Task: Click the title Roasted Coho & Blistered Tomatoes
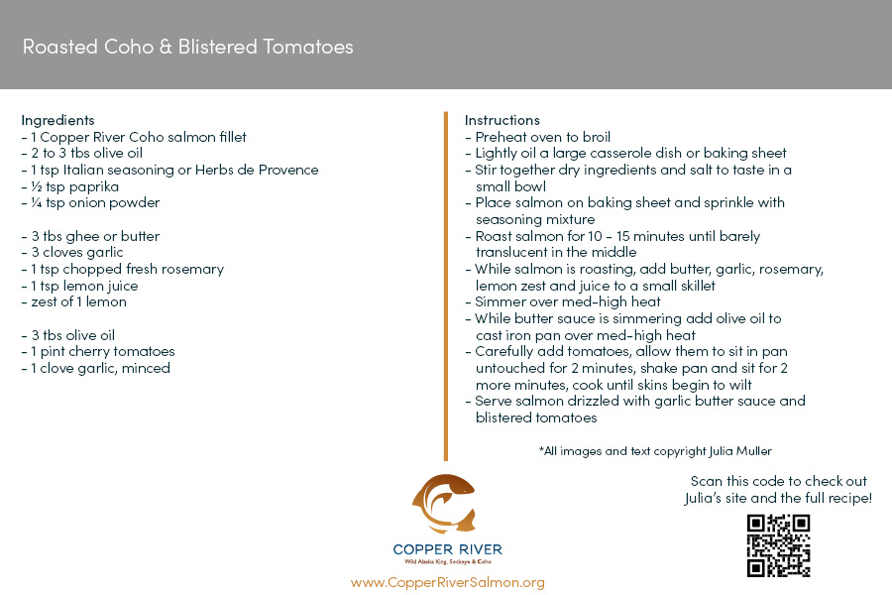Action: (187, 47)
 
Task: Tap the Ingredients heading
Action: (57, 120)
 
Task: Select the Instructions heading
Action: (502, 120)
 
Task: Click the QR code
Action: (778, 545)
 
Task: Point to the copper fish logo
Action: (445, 504)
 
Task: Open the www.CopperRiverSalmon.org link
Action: (447, 582)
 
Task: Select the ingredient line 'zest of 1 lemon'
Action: (74, 301)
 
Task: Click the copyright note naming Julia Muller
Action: (655, 450)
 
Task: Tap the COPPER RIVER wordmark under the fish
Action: (447, 549)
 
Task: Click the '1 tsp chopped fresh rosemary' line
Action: (123, 269)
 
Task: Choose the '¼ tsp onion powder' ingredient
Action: (90, 202)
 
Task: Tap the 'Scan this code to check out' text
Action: (778, 481)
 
